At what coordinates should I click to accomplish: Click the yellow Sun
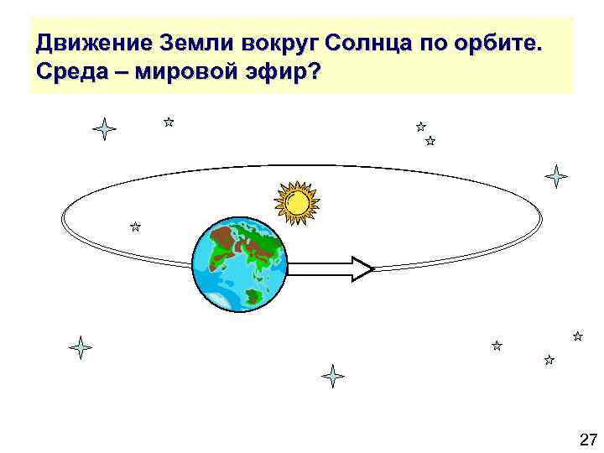pos(298,202)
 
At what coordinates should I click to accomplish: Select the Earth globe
pos(239,264)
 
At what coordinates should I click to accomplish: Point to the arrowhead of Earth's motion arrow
pos(362,268)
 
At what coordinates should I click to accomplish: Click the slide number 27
pos(587,439)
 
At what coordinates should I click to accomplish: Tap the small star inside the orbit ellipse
pos(135,226)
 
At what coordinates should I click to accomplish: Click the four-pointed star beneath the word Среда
pos(104,129)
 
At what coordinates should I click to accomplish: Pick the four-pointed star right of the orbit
pos(555,176)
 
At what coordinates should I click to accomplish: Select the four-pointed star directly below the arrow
pos(333,376)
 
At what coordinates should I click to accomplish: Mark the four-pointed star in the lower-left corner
pos(81,347)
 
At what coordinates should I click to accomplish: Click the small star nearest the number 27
pos(549,360)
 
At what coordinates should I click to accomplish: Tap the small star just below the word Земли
pos(169,122)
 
